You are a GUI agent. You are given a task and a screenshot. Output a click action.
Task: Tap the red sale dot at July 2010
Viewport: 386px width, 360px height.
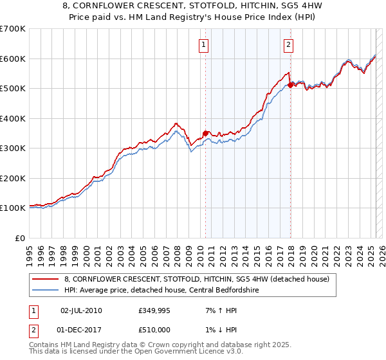point(205,134)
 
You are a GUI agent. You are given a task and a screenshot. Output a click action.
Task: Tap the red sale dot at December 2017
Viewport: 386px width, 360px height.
point(290,84)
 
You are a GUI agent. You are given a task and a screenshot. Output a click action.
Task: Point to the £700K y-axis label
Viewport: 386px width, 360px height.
point(12,29)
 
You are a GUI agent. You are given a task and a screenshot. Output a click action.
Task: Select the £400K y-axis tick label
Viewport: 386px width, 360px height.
point(12,118)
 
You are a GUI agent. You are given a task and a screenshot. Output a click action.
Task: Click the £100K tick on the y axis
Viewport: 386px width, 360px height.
point(12,208)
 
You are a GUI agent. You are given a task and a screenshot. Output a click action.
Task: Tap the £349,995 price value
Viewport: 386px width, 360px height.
point(153,310)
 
